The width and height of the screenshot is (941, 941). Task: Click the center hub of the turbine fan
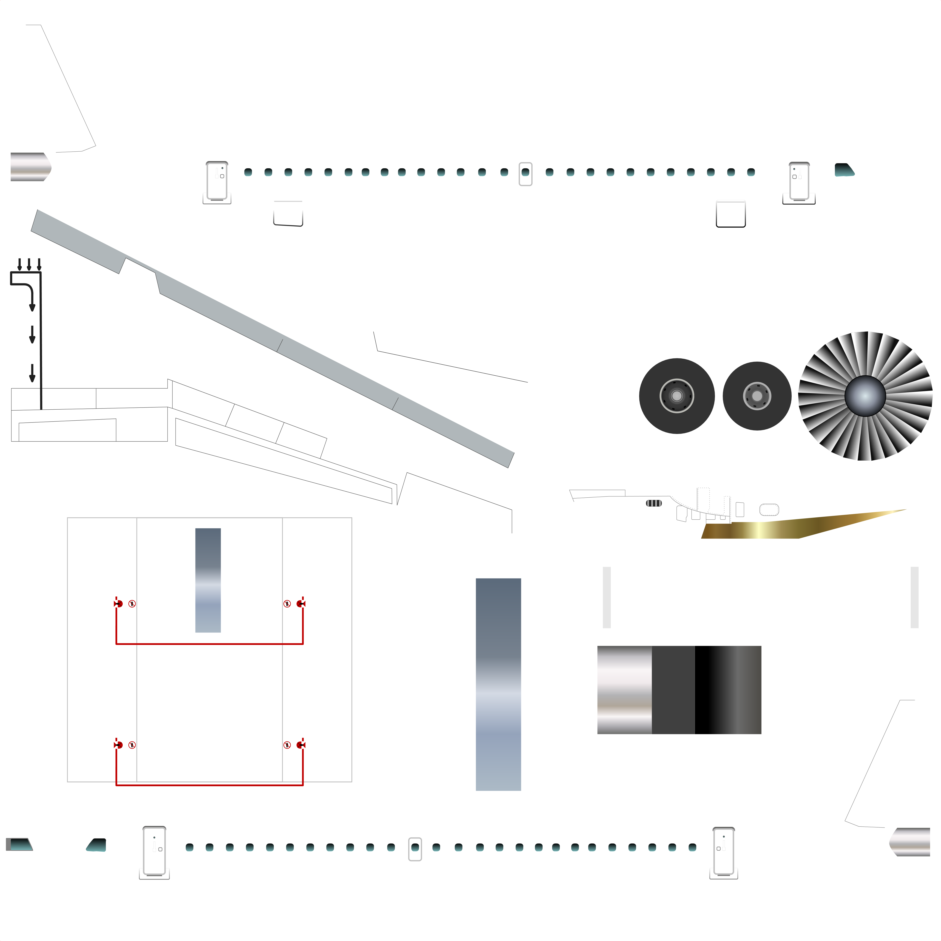pyautogui.click(x=865, y=396)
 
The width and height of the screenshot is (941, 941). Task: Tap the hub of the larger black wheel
pyautogui.click(x=677, y=396)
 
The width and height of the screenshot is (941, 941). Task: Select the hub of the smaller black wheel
pyautogui.click(x=757, y=396)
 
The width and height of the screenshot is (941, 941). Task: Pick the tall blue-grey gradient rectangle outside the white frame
pyautogui.click(x=498, y=684)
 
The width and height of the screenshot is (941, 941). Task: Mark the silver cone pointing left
pyautogui.click(x=910, y=842)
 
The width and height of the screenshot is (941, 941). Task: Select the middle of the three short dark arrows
pyautogui.click(x=29, y=264)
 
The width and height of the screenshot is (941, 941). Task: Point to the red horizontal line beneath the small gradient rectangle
pyautogui.click(x=210, y=644)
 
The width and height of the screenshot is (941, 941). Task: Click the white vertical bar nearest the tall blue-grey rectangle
pyautogui.click(x=607, y=597)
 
